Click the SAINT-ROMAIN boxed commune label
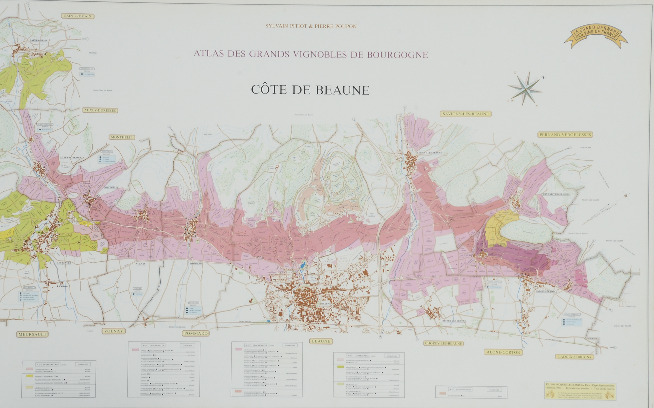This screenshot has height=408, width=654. (78, 16)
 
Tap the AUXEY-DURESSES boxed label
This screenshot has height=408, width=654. (100, 110)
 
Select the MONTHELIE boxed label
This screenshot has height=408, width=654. (121, 137)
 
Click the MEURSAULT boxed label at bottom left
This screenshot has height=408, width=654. (33, 334)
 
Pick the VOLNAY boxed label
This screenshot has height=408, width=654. (113, 331)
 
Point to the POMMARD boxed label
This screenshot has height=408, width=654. (196, 333)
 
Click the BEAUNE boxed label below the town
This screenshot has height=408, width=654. (321, 341)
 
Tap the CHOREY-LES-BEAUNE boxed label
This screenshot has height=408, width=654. (443, 343)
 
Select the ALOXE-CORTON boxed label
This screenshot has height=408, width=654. (503, 352)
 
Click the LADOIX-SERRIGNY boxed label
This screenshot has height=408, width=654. (574, 357)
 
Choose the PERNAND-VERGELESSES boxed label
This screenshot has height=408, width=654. (565, 135)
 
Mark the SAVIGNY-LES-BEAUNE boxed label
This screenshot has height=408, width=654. (466, 114)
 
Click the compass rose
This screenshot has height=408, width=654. (525, 89)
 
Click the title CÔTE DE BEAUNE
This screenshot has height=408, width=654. (310, 90)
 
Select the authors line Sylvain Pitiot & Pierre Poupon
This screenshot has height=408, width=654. (311, 26)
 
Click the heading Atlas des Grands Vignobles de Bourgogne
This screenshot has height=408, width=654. (311, 54)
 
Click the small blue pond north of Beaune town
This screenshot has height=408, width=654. (303, 264)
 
